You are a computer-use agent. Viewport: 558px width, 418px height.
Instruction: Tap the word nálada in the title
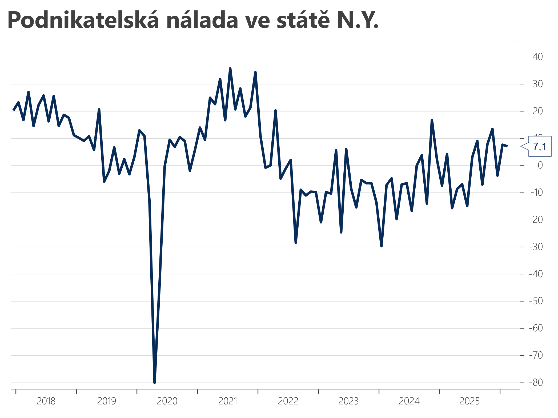(x=202, y=20)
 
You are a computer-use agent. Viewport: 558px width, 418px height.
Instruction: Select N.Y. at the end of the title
(x=358, y=20)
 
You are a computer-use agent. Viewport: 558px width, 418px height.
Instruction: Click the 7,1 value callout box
(x=540, y=146)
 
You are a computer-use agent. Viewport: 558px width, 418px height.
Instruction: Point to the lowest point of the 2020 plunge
(x=155, y=383)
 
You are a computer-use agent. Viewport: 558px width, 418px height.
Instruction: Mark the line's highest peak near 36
(x=230, y=69)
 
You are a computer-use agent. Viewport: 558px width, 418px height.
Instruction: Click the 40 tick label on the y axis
(x=537, y=57)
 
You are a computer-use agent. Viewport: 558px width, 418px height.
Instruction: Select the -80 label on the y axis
(x=536, y=383)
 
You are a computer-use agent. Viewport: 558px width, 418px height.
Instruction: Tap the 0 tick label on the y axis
(x=540, y=165)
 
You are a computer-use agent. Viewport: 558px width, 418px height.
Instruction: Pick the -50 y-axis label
(x=536, y=301)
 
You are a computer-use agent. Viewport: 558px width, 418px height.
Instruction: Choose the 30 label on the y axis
(x=537, y=84)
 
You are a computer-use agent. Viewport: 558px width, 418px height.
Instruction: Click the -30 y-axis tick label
(x=536, y=247)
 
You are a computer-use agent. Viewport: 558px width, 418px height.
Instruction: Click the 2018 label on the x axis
(x=46, y=401)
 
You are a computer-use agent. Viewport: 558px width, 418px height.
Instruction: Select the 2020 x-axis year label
(x=167, y=401)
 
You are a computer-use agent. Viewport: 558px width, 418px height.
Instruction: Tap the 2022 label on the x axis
(x=288, y=401)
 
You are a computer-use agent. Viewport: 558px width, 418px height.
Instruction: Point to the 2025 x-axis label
(x=469, y=401)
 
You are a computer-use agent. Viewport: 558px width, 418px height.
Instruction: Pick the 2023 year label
(x=348, y=401)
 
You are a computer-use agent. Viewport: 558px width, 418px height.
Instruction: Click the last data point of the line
(x=507, y=146)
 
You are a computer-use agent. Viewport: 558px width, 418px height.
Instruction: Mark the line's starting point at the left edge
(x=13, y=110)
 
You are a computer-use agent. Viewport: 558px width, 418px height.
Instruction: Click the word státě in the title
(x=303, y=20)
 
